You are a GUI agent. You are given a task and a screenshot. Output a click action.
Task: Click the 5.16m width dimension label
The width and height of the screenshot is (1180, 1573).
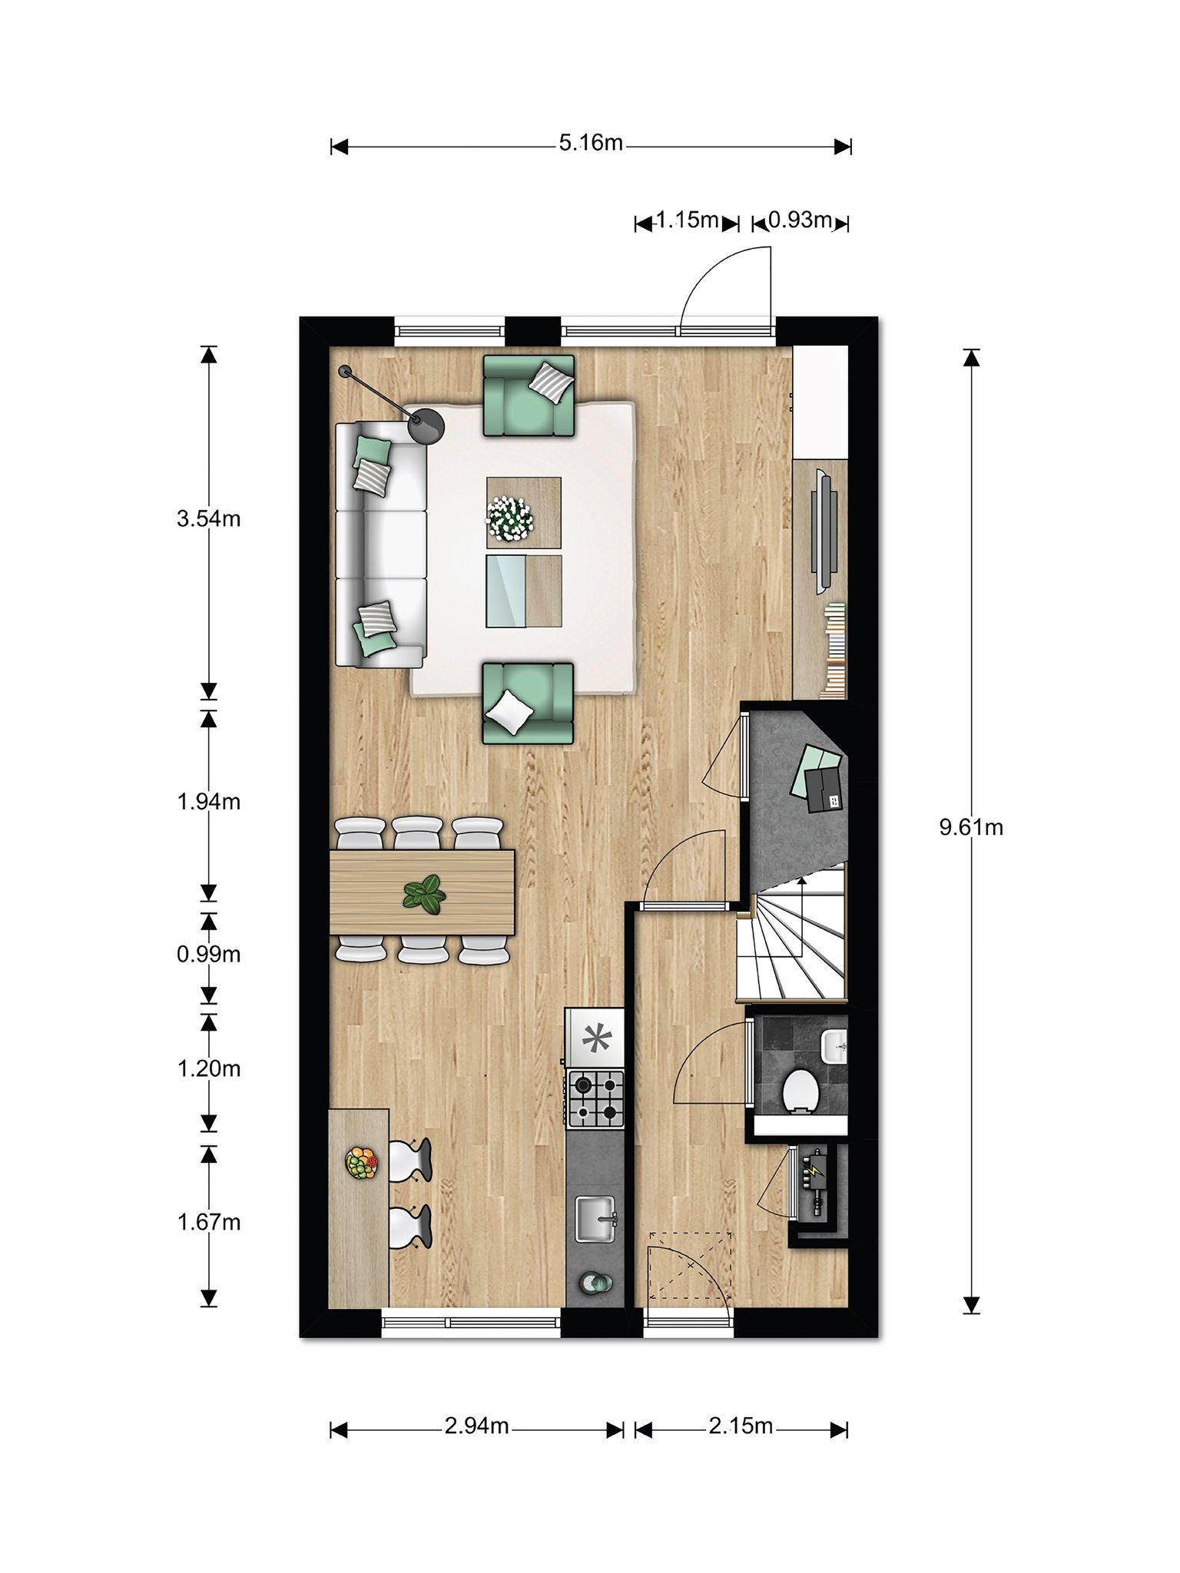click(591, 144)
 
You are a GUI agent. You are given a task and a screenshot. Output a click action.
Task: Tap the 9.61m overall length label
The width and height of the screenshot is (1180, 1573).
click(971, 827)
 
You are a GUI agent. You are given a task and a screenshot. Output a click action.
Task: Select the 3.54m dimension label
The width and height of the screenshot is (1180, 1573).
click(209, 518)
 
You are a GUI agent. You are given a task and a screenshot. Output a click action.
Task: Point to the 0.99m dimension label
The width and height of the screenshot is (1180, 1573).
click(209, 954)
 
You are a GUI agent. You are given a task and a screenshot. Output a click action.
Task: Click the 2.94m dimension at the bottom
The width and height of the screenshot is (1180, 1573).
click(476, 1426)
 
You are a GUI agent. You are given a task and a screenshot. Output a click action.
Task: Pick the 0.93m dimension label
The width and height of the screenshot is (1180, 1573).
click(800, 220)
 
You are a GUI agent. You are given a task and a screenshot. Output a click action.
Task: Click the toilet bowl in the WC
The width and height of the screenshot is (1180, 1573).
click(799, 1091)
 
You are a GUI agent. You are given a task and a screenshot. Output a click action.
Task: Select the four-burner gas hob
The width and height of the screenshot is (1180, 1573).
click(595, 1099)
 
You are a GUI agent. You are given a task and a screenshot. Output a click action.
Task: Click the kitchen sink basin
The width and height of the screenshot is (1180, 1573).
click(595, 1219)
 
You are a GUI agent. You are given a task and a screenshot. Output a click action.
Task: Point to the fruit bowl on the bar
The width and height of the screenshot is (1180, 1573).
click(362, 1162)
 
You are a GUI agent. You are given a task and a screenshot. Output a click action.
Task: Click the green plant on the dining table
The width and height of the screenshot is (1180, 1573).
click(424, 894)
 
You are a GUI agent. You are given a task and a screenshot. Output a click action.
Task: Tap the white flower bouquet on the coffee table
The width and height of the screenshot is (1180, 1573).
click(509, 517)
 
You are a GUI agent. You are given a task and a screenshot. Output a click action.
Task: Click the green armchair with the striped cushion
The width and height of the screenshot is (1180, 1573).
click(529, 396)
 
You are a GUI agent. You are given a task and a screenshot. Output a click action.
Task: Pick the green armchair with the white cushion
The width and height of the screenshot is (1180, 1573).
click(528, 704)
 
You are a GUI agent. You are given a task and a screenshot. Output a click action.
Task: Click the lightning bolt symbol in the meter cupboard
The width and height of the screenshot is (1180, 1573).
click(814, 1173)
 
